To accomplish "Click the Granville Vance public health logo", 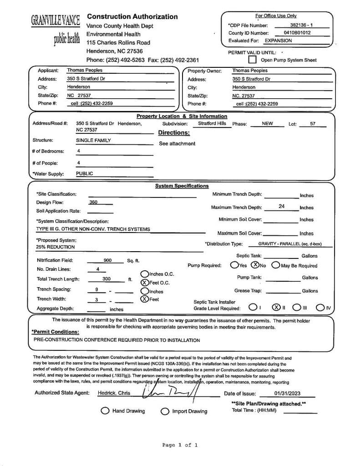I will click(x=55, y=30).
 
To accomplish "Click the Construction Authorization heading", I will click(x=132, y=17).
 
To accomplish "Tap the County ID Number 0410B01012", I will click(x=297, y=33).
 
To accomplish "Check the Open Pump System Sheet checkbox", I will click(x=252, y=60).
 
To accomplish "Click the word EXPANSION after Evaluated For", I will click(x=278, y=41).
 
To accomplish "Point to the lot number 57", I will click(x=313, y=124).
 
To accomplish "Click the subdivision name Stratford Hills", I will click(x=212, y=124).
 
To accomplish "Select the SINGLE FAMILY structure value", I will click(x=93, y=141).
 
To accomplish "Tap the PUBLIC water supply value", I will click(x=84, y=173).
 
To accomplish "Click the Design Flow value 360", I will click(x=93, y=203).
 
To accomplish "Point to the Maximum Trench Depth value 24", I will click(x=281, y=207).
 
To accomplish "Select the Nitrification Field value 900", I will click(x=107, y=260).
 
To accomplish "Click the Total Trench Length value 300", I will click(x=106, y=279).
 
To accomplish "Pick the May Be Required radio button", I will click(x=275, y=265).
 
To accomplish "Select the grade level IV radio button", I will click(x=320, y=308).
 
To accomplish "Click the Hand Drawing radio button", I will click(x=105, y=411).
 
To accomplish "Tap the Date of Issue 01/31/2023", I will click(x=287, y=394).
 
